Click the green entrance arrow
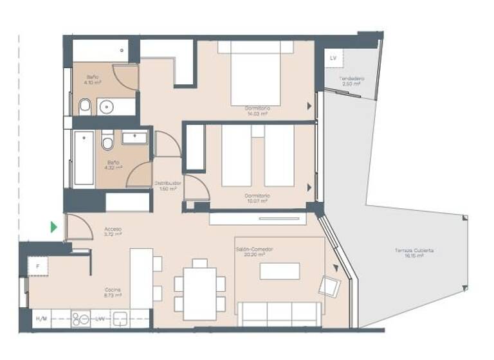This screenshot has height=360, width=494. click(x=54, y=227)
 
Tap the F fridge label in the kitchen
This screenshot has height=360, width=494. click(x=37, y=266)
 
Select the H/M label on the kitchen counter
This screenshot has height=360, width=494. click(x=41, y=319)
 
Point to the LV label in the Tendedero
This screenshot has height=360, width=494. click(x=333, y=59)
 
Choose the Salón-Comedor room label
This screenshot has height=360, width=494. click(x=251, y=251)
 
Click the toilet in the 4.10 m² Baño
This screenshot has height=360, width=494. click(x=85, y=105)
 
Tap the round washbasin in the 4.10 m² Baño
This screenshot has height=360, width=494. click(x=107, y=106)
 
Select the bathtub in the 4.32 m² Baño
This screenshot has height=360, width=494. click(x=84, y=159)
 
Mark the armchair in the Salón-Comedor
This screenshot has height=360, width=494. click(x=329, y=286)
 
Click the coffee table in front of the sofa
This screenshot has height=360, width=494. click(x=279, y=271)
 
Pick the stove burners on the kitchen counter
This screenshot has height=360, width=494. click(x=80, y=319)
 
